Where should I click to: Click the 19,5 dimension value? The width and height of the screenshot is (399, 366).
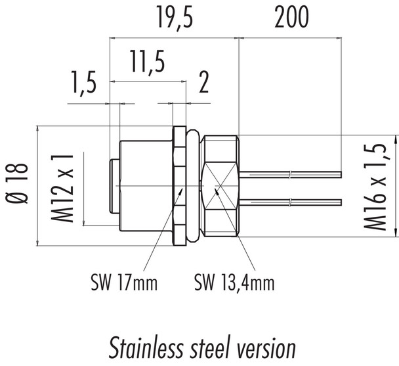[x=173, y=18]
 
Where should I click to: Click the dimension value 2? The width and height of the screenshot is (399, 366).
[x=203, y=83]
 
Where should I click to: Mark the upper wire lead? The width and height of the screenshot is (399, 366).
[x=292, y=174]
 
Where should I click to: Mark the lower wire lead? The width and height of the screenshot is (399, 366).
[x=292, y=200]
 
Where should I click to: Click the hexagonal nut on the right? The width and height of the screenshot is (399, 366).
[x=220, y=187]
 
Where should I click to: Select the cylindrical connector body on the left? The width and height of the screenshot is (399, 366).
[x=144, y=187]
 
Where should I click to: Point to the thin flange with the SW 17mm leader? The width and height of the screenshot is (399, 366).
[x=178, y=187]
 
